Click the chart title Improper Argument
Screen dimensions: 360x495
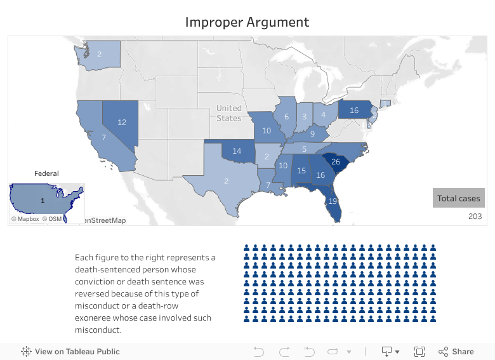pos(247,22)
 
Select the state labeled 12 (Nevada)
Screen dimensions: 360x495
pos(122,123)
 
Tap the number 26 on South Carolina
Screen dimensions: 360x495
pos(336,161)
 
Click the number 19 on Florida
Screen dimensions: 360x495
pos(332,201)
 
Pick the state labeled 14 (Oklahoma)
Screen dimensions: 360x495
pos(237,151)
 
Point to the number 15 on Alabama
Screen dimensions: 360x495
pos(301,171)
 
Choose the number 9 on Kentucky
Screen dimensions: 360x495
pos(312,134)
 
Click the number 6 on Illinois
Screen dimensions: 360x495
pos(286,117)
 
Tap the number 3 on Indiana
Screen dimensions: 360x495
pos(304,117)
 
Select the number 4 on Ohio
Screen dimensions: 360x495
pos(323,115)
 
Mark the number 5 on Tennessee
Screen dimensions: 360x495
pos(304,149)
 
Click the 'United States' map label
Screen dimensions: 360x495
pos(228,113)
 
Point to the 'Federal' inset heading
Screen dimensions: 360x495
pos(46,173)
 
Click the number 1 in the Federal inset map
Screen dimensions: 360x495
pos(42,201)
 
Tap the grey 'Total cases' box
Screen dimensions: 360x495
pos(458,198)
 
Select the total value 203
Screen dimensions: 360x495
pos(475,217)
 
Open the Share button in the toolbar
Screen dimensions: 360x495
pos(456,352)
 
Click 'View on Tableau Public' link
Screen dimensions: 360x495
pos(77,352)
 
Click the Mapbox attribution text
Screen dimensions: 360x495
pos(28,219)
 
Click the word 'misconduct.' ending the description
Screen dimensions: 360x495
pos(98,330)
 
